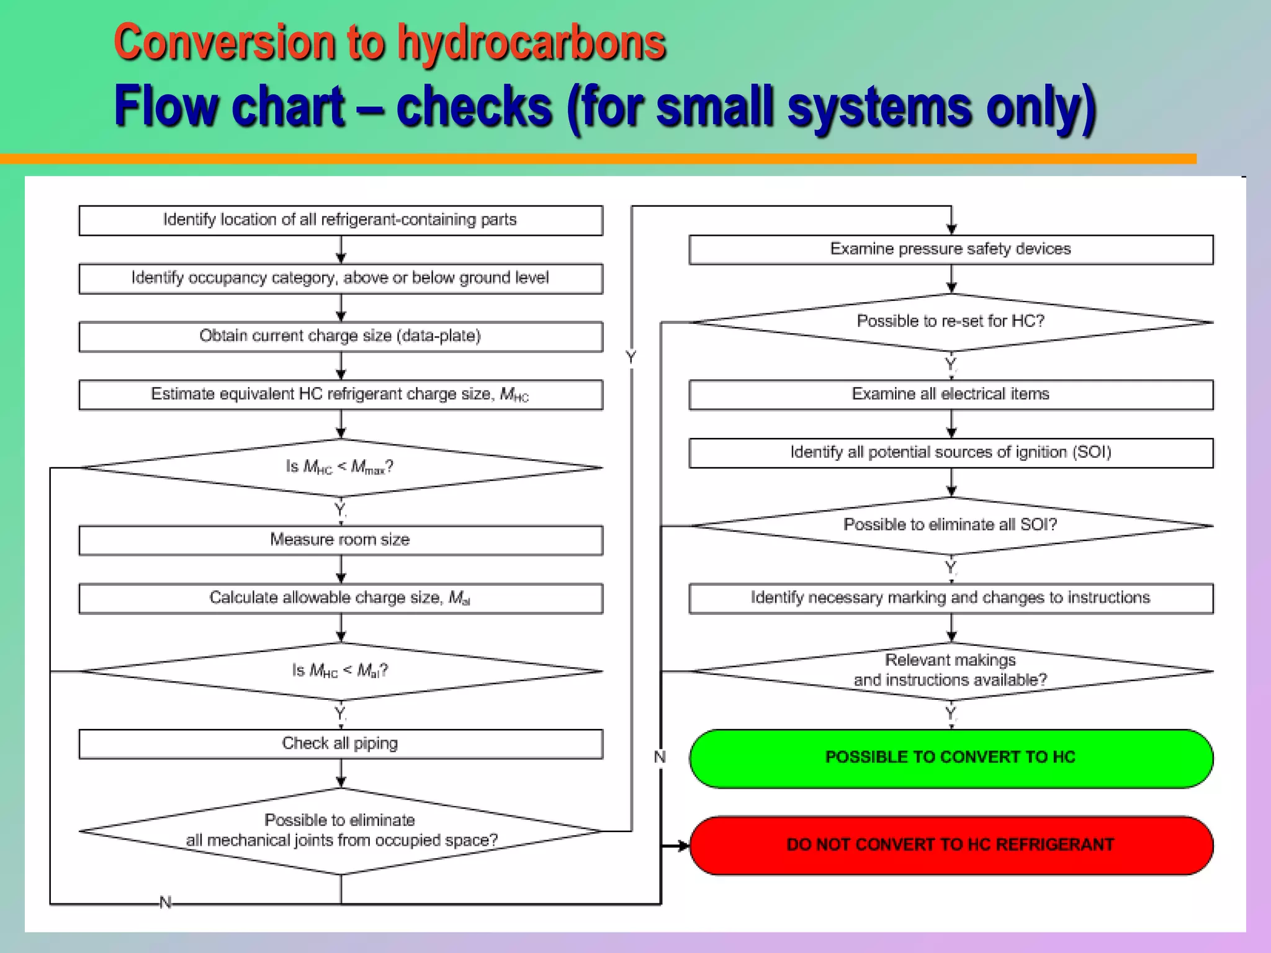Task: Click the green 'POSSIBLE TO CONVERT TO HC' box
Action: (951, 758)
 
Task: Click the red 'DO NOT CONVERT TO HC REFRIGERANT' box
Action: (951, 845)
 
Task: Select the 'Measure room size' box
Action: (340, 540)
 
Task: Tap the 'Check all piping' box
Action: (340, 743)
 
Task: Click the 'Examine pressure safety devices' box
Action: (951, 249)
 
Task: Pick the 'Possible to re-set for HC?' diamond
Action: (951, 321)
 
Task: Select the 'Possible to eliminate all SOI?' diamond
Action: (951, 525)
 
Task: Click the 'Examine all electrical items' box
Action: (951, 395)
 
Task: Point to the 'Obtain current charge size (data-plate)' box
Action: (340, 336)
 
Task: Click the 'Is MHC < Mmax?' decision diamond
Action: (340, 467)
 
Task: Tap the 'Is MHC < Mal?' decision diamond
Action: (340, 671)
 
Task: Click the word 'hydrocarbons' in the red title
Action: (531, 43)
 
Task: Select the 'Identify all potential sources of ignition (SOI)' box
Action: (951, 452)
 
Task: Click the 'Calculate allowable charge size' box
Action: (340, 598)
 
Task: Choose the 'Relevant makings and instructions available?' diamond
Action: (951, 670)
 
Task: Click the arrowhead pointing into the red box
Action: (683, 845)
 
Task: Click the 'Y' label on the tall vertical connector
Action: (631, 357)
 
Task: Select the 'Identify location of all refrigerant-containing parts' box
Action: (340, 220)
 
